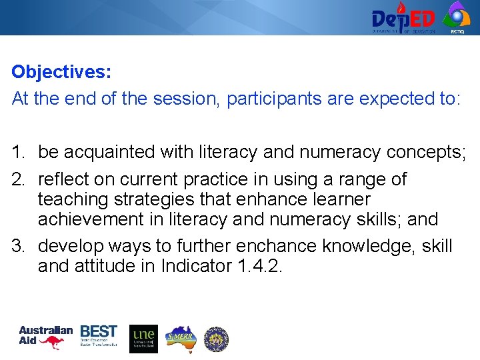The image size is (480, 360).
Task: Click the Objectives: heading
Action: point(61,72)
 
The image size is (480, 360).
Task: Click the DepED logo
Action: point(403,17)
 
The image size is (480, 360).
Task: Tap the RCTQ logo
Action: point(457,16)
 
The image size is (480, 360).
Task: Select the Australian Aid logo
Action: point(45,338)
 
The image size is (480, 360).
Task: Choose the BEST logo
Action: point(99,336)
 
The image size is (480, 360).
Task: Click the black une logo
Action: point(143,339)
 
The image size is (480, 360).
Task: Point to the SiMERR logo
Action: point(179,338)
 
